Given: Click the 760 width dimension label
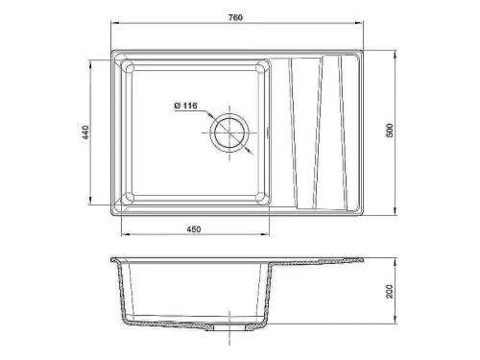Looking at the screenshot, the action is pos(235,17).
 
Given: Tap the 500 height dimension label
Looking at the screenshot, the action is pos(390,130).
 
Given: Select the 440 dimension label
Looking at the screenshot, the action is pos(85,132).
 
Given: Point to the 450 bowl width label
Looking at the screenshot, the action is pos(194,229).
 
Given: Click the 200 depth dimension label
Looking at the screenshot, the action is pos(390,291).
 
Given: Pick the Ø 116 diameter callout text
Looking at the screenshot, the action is pos(185,106).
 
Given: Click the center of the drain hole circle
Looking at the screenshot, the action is pos(229,132).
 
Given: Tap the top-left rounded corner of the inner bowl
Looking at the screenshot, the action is pos(130,68).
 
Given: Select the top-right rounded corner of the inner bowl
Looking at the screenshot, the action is pos(261,68).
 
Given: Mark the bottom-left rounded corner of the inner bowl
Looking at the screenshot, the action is pos(130,197).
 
